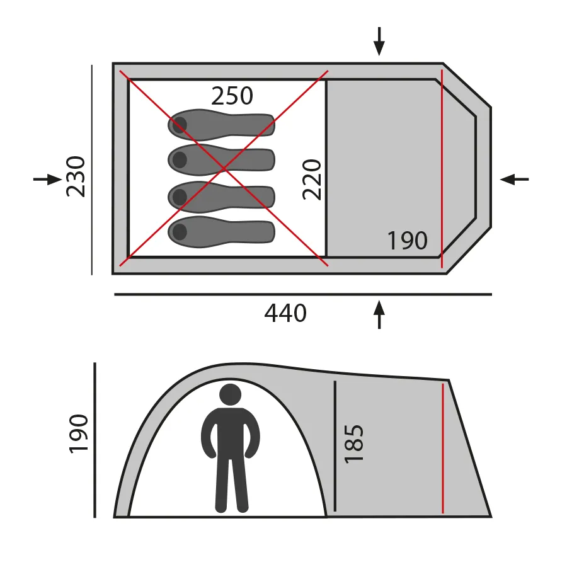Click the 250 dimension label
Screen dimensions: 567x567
click(x=232, y=96)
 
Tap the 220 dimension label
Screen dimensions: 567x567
click(x=312, y=180)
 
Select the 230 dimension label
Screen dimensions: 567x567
click(x=76, y=176)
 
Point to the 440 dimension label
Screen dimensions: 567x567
click(x=285, y=313)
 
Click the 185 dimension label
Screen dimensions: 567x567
click(x=354, y=444)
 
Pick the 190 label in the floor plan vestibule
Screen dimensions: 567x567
click(x=407, y=241)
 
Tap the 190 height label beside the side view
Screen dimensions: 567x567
click(x=79, y=433)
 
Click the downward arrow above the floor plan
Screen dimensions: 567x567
click(x=379, y=41)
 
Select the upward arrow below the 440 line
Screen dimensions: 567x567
click(x=379, y=314)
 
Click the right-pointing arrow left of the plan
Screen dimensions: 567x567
click(x=48, y=179)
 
